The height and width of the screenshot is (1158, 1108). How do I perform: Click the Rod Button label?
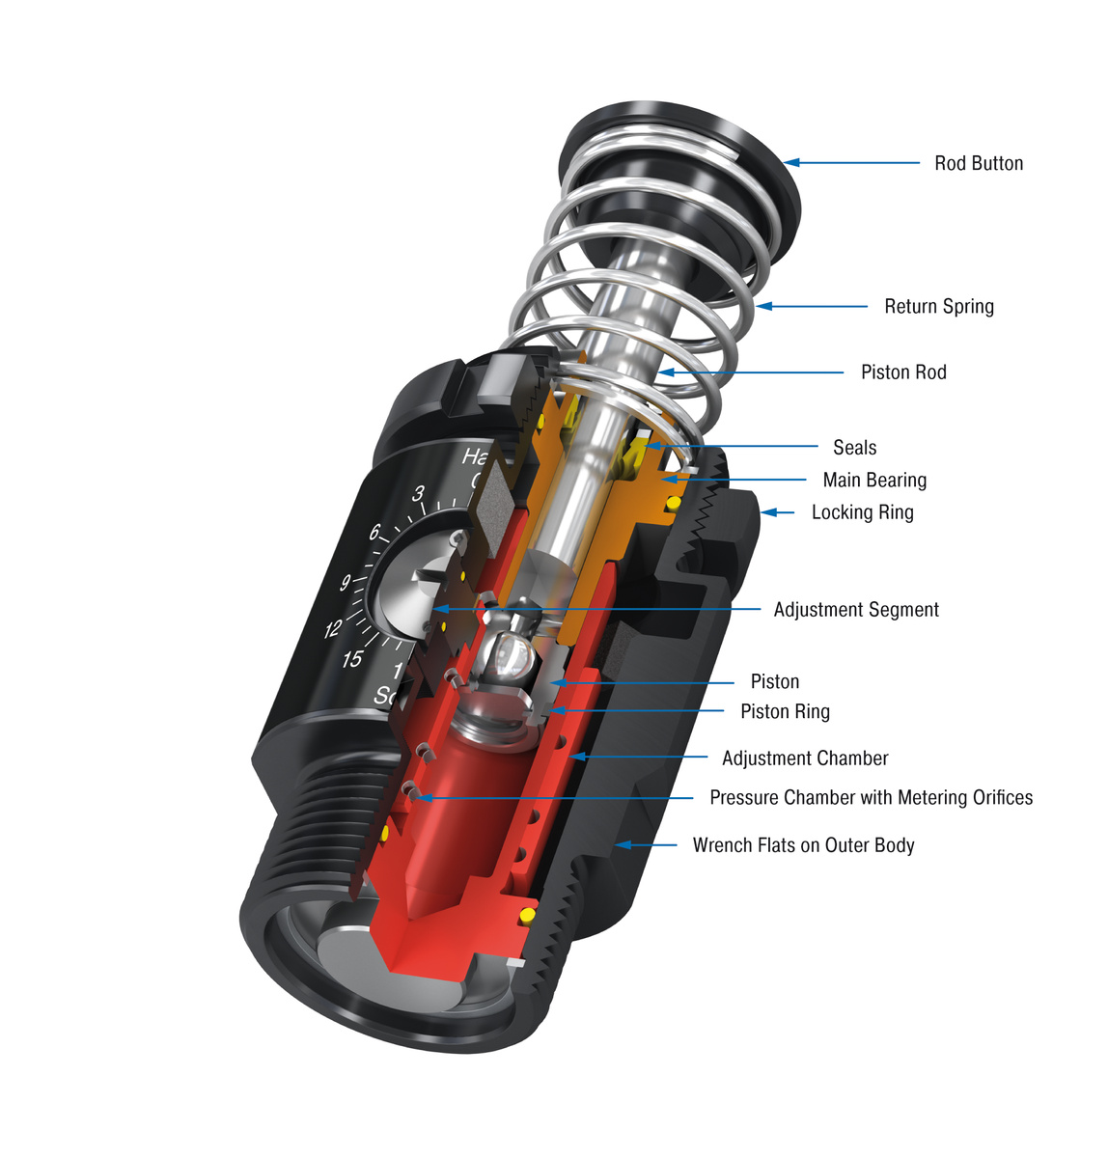978,163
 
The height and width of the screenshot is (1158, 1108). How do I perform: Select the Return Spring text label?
938,306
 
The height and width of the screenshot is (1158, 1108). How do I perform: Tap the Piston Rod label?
903,372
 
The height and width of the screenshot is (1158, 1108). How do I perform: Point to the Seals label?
854,447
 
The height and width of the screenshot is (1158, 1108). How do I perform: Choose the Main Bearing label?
874,480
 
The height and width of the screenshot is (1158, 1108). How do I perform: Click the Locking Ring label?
862,512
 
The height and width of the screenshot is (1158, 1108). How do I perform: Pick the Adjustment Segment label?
855,609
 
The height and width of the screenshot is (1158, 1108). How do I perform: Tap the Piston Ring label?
785,711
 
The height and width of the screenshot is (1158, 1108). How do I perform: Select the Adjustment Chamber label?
805,758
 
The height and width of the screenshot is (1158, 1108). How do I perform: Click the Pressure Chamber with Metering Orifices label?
871,797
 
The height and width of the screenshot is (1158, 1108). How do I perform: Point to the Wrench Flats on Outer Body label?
803,845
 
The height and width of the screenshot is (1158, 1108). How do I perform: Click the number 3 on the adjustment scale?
418,493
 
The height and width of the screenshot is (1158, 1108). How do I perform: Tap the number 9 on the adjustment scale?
345,583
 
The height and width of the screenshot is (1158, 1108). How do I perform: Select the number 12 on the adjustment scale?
333,629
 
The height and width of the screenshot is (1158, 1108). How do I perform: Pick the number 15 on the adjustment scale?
352,659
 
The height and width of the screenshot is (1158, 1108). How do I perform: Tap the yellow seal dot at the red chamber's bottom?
527,914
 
